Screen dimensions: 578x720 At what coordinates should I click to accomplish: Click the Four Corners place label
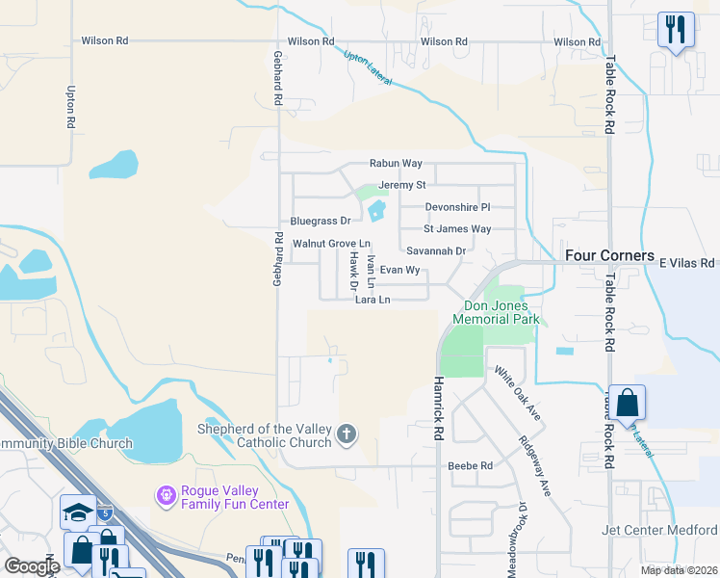(609, 256)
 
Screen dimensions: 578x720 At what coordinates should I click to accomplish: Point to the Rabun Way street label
(396, 165)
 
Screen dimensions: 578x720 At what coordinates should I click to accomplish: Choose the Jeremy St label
(402, 185)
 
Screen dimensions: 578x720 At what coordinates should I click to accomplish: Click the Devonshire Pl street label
(458, 207)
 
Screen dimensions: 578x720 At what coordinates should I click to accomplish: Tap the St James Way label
(458, 229)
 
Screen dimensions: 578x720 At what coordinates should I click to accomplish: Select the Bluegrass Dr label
(321, 222)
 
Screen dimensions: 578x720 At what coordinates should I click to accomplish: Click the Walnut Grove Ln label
(331, 244)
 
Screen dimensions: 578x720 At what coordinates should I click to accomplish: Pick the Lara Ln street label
(373, 300)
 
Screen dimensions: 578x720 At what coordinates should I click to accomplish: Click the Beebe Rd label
(471, 465)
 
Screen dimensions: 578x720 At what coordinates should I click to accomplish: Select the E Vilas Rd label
(688, 262)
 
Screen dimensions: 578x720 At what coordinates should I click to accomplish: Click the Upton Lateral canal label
(368, 67)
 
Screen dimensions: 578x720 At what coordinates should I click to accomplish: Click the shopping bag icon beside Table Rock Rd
(627, 404)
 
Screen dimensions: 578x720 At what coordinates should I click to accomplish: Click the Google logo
(32, 566)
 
